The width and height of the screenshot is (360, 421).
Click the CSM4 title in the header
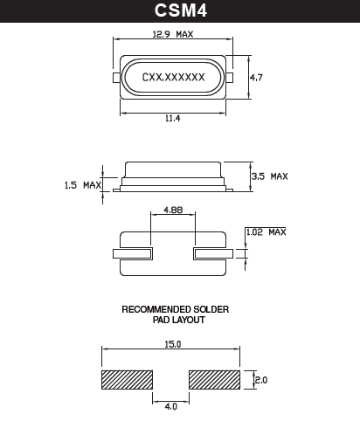179,11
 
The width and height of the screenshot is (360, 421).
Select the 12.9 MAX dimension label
171,35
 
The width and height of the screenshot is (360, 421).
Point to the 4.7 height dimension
257,78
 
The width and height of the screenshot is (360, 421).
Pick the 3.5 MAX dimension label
268,176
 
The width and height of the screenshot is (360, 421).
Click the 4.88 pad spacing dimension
172,210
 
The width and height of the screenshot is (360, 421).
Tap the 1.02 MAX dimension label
265,231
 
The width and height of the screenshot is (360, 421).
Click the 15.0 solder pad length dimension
172,344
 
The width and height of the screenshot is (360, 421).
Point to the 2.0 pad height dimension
260,380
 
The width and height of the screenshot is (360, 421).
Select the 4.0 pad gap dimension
171,405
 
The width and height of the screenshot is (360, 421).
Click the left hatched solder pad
128,380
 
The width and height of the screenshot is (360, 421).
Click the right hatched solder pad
215,380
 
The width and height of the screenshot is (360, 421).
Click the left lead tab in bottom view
133,254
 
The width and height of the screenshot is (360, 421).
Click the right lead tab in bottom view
211,254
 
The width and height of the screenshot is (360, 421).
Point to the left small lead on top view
116,78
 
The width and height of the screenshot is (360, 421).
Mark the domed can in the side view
173,170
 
